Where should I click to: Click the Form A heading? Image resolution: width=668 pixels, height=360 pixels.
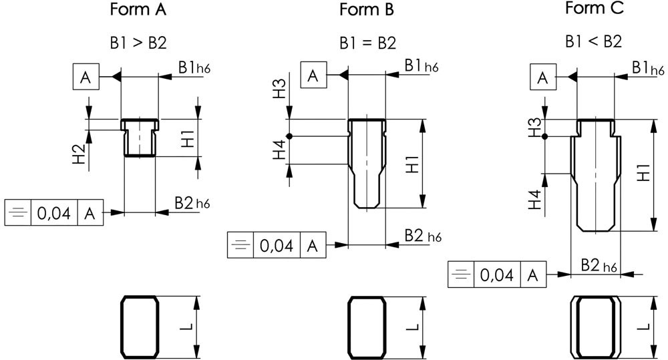(x=138, y=11)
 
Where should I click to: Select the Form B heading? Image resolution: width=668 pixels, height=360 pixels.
(x=367, y=11)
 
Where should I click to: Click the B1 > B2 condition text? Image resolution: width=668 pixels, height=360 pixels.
(x=138, y=43)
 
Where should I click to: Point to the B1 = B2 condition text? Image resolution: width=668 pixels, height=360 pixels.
(x=367, y=43)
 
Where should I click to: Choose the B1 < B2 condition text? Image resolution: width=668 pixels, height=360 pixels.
(x=593, y=41)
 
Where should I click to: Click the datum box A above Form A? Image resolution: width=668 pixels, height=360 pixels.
(x=86, y=78)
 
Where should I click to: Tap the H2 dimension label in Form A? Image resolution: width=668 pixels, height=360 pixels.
(x=79, y=154)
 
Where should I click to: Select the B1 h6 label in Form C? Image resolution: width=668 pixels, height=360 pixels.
(x=647, y=68)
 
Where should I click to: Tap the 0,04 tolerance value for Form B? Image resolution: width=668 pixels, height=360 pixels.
(x=276, y=245)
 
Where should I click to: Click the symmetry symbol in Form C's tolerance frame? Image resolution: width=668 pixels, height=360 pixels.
(x=460, y=275)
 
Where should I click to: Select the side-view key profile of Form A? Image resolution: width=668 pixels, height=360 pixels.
(x=140, y=138)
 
